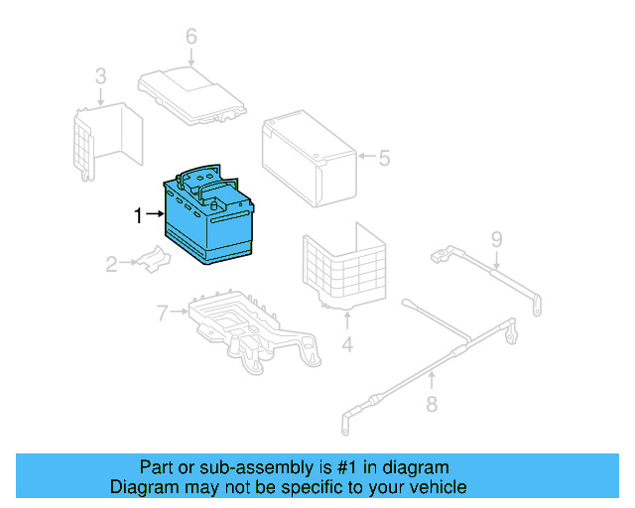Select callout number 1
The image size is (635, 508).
(139, 214)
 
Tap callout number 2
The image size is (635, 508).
(112, 264)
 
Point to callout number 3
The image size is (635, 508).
(100, 75)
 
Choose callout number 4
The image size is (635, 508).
(347, 345)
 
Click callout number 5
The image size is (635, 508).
(384, 157)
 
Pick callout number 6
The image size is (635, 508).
(191, 38)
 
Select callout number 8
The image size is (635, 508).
(432, 403)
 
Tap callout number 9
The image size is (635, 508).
(496, 238)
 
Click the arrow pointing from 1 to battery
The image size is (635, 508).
(154, 214)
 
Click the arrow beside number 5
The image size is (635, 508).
(366, 157)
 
